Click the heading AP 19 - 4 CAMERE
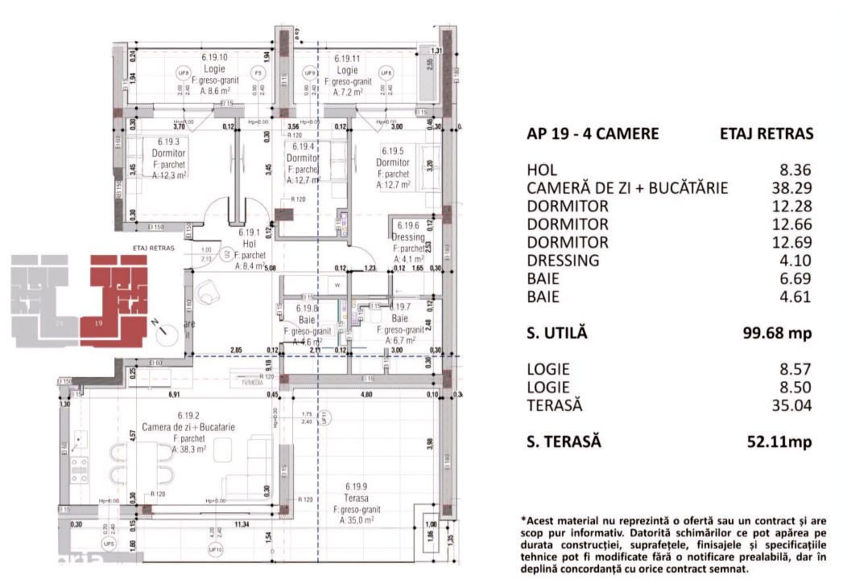click(592, 134)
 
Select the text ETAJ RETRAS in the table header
click(767, 134)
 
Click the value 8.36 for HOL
click(795, 170)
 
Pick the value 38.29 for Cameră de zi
click(791, 188)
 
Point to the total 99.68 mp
click(777, 332)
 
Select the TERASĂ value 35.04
click(791, 405)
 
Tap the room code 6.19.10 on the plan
click(214, 58)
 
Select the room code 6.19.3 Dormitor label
click(168, 142)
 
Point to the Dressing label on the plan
click(408, 238)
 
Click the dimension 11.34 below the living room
click(241, 525)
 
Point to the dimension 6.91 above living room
click(172, 395)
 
